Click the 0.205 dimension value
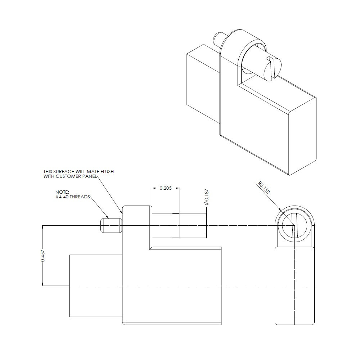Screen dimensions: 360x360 pyautogui.click(x=166, y=188)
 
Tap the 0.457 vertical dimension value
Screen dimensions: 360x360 pyautogui.click(x=42, y=256)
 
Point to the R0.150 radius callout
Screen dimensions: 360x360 pyautogui.click(x=264, y=188)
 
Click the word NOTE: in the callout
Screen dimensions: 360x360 pyautogui.click(x=62, y=193)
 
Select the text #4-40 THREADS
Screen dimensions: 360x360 pyautogui.click(x=72, y=197)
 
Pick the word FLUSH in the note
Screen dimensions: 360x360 pyautogui.click(x=107, y=172)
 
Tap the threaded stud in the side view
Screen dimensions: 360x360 pyautogui.click(x=110, y=225)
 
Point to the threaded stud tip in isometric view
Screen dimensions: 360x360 pyautogui.click(x=217, y=37)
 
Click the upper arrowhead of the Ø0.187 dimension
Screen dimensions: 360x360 pyautogui.click(x=206, y=215)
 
